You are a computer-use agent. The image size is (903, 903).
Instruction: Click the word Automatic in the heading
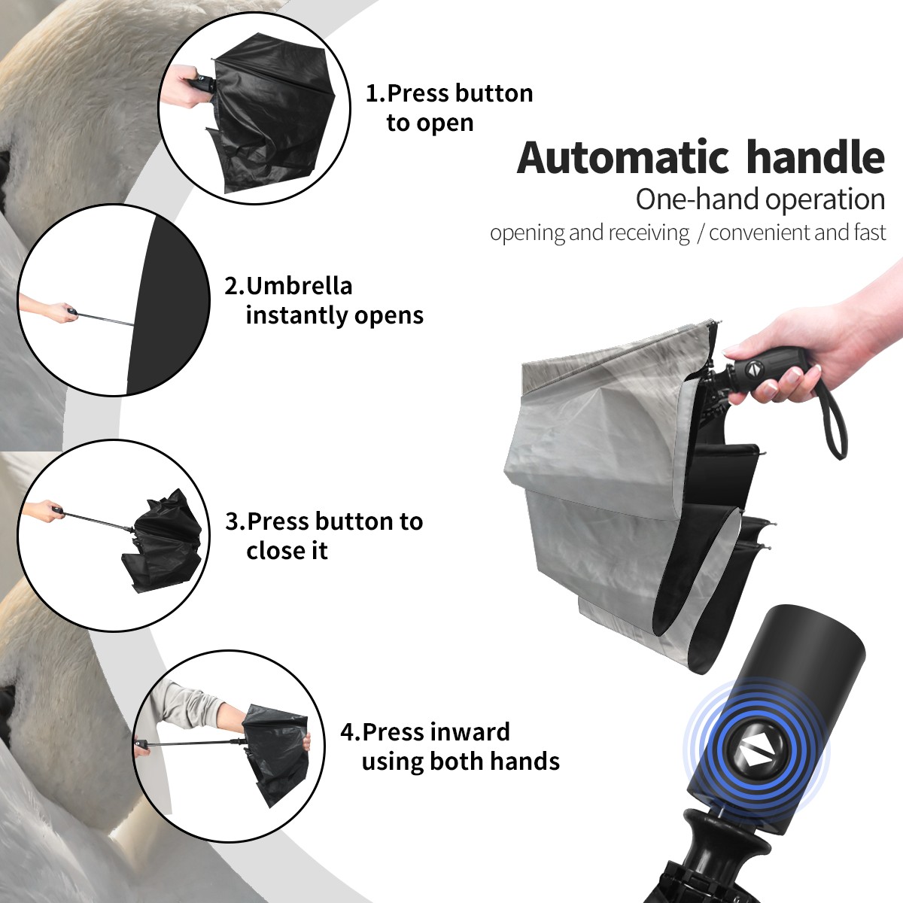[x=623, y=158]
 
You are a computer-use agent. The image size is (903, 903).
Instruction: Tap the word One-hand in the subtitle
[x=698, y=199]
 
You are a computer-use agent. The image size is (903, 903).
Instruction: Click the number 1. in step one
[x=375, y=93]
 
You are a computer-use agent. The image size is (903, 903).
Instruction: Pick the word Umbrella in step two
[x=299, y=286]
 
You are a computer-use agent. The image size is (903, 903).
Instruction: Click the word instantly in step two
[x=297, y=315]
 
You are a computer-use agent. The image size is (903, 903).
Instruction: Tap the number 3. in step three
[x=236, y=521]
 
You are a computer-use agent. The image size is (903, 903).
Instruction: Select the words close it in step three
[x=287, y=551]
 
